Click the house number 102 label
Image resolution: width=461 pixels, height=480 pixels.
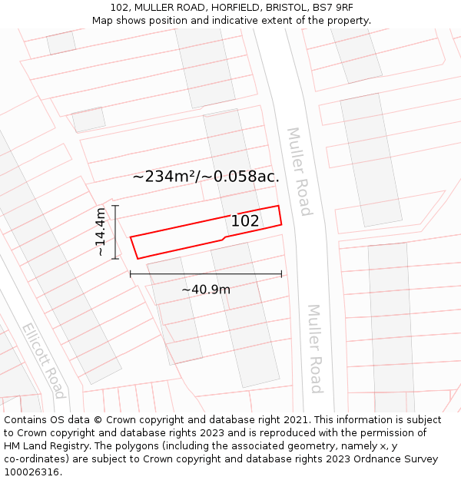245,221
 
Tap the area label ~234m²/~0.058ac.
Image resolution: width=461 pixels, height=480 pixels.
205,177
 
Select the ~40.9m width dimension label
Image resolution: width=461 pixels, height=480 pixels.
206,290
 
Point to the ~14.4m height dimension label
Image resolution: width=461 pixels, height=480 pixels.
101,232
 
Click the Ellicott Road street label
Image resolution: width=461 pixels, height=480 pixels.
43,360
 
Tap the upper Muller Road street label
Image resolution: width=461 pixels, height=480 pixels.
299,171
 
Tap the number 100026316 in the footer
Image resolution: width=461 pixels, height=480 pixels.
32,472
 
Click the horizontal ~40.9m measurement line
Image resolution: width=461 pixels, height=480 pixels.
206,273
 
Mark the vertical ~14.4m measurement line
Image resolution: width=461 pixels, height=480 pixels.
115,232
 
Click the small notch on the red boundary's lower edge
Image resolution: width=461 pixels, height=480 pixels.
224,239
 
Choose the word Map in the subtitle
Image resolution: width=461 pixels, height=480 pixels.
103,21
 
